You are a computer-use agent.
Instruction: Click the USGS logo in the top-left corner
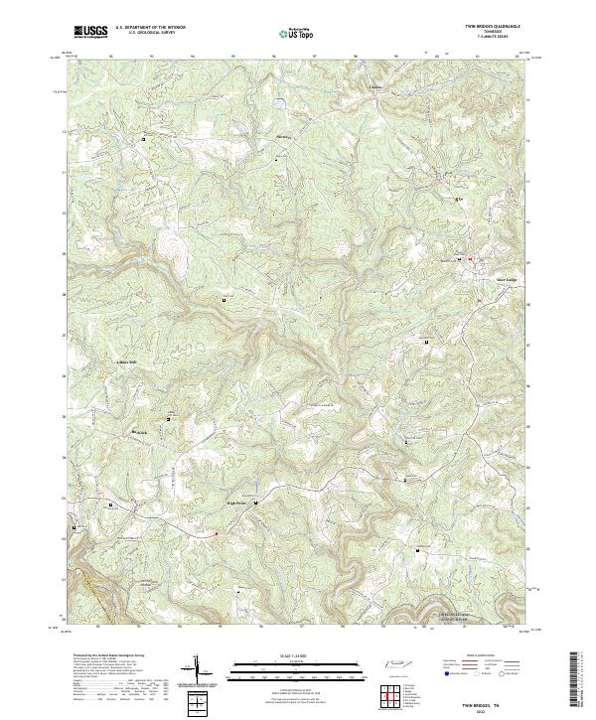point(90,32)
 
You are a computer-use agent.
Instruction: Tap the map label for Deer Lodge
point(479,277)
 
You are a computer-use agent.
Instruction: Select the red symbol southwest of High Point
point(217,533)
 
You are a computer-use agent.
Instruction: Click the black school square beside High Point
point(256,504)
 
